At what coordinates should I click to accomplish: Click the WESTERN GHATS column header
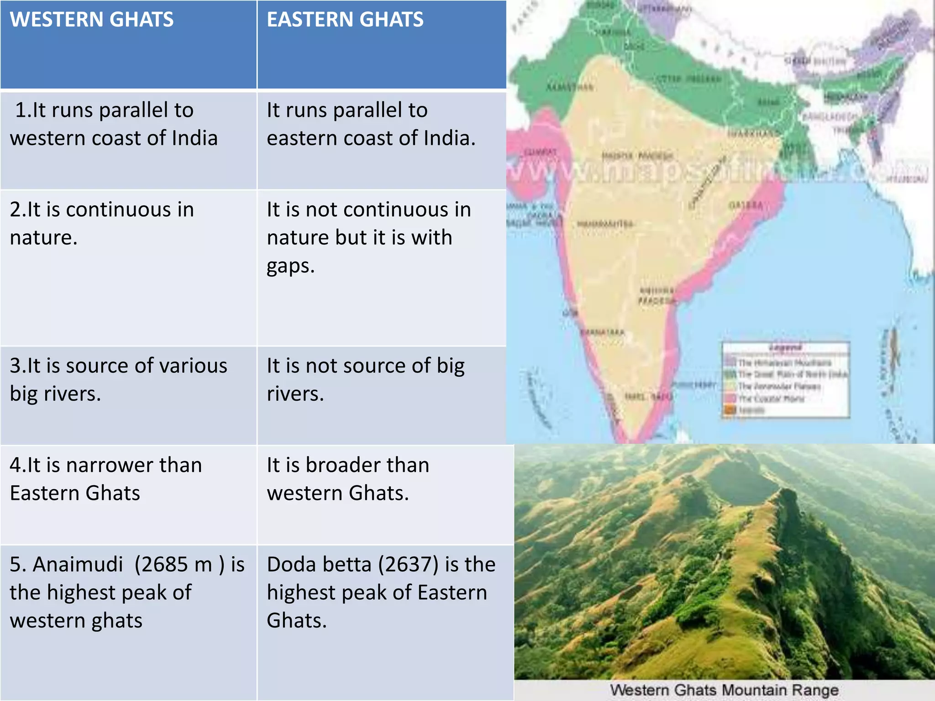(92, 20)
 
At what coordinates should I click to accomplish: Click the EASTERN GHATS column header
(345, 20)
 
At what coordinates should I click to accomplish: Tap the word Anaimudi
(78, 565)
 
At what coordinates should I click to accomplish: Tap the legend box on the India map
(786, 380)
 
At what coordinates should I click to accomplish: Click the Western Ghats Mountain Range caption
(724, 690)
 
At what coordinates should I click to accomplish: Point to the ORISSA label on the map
(746, 205)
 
